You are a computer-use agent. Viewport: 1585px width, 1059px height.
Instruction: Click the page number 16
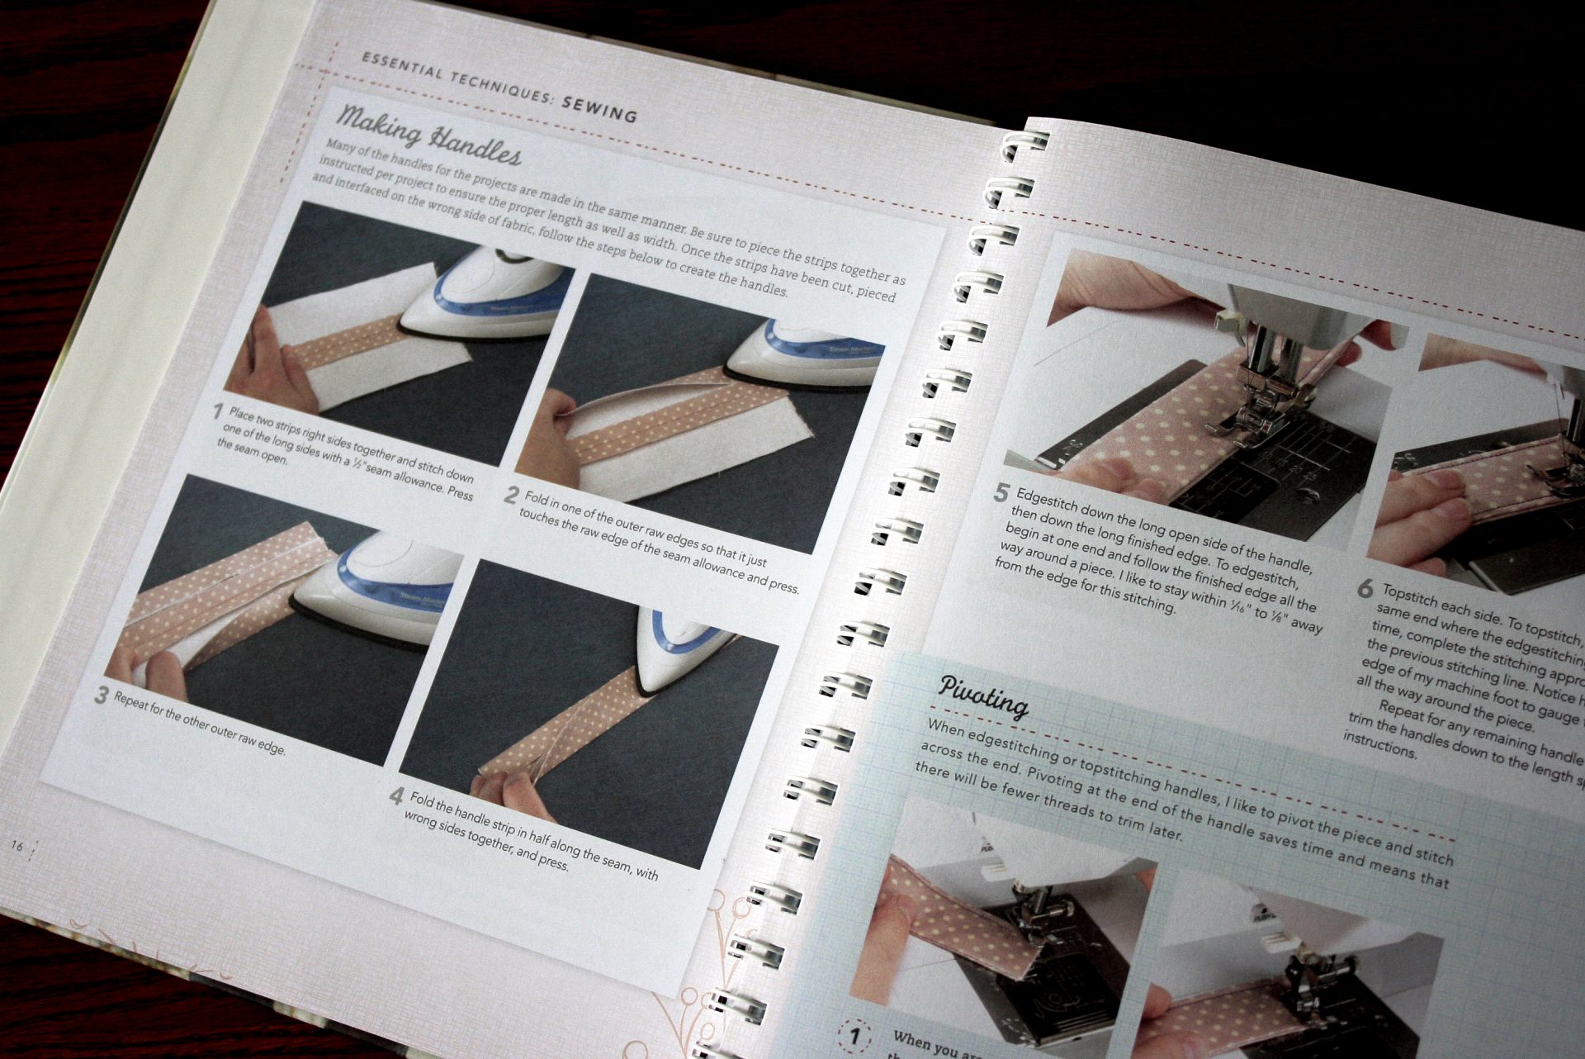pyautogui.click(x=17, y=846)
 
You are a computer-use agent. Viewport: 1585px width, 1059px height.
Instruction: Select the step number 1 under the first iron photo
pyautogui.click(x=219, y=411)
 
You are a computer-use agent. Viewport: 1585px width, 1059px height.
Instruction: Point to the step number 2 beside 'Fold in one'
pyautogui.click(x=511, y=496)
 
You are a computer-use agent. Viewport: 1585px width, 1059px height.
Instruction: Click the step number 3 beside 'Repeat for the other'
pyautogui.click(x=101, y=696)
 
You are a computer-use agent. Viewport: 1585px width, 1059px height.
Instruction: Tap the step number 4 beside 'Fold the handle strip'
pyautogui.click(x=397, y=796)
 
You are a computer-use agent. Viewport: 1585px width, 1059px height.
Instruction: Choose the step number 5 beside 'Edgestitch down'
pyautogui.click(x=1001, y=493)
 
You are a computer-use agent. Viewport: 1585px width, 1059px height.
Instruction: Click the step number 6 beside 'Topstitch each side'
pyautogui.click(x=1365, y=589)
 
